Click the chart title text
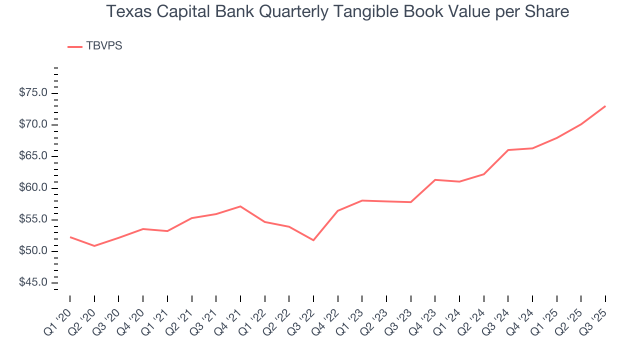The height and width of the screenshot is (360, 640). pyautogui.click(x=337, y=12)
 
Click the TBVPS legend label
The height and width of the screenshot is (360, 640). pyautogui.click(x=104, y=46)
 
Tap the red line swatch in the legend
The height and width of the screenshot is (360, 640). pyautogui.click(x=74, y=46)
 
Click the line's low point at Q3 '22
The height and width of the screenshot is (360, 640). pyautogui.click(x=313, y=240)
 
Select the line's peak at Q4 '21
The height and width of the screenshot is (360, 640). pyautogui.click(x=240, y=206)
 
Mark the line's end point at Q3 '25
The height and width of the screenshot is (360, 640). pyautogui.click(x=605, y=106)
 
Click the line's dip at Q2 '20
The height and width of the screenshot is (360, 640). pyautogui.click(x=94, y=246)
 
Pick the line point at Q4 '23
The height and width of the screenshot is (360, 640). pyautogui.click(x=435, y=179)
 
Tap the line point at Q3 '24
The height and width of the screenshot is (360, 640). pyautogui.click(x=508, y=150)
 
